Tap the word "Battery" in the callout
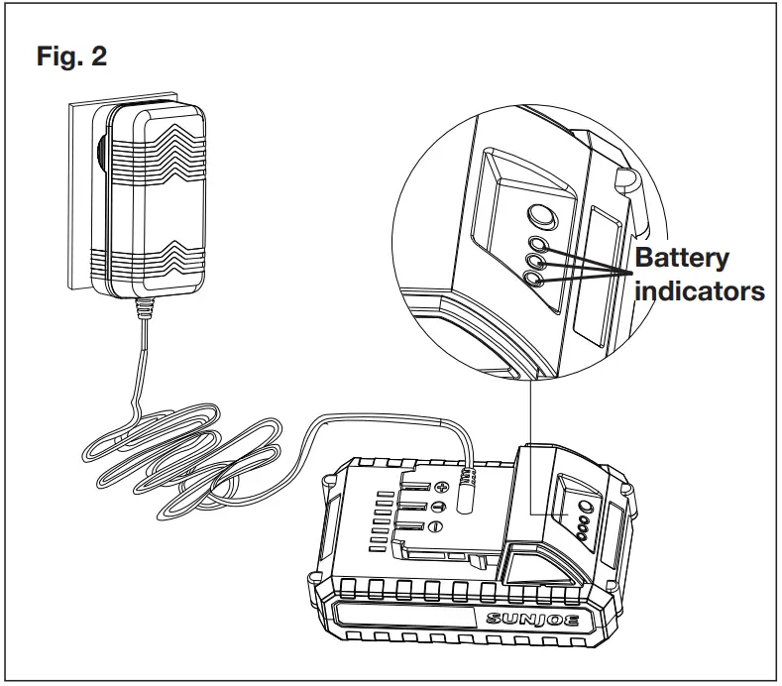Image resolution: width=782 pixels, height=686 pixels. [x=681, y=259]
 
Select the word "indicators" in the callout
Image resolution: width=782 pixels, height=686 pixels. [x=700, y=291]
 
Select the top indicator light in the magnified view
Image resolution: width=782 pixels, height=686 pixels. [x=538, y=244]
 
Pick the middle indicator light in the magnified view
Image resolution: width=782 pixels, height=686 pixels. [x=536, y=262]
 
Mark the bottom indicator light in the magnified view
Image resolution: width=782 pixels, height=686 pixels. [x=535, y=281]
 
